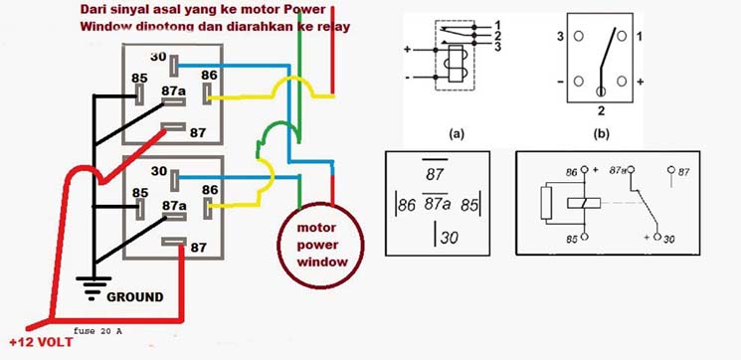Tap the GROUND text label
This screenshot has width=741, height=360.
(135, 296)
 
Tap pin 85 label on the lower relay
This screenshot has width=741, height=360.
(141, 193)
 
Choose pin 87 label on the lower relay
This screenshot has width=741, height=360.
(198, 248)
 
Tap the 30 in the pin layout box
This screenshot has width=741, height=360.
(450, 240)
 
